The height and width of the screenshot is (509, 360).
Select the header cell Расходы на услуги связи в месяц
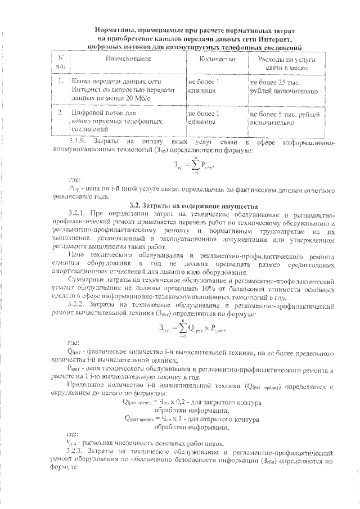286,63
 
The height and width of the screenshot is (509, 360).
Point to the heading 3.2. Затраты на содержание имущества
179,206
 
